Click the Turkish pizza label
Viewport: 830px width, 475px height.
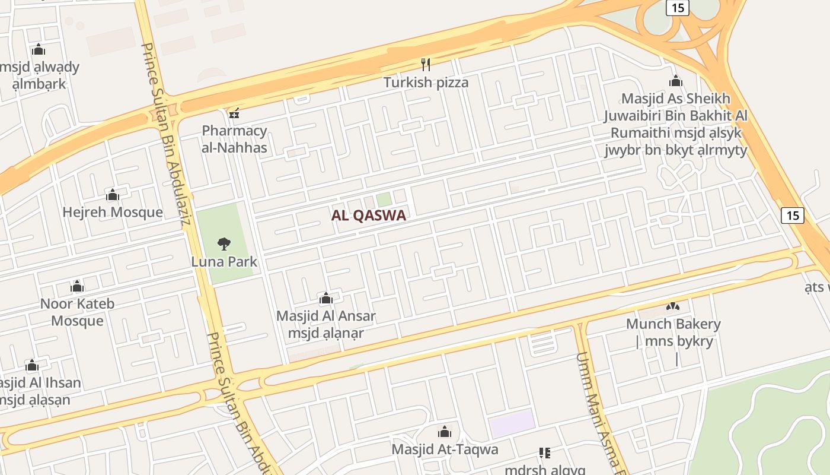426,83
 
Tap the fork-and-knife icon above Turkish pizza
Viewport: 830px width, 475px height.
425,64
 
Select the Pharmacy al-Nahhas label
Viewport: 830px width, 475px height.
235,139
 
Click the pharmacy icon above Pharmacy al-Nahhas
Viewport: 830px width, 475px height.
234,113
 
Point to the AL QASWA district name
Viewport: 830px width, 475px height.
369,216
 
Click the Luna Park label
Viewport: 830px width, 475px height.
224,261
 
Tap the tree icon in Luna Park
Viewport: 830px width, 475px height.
224,243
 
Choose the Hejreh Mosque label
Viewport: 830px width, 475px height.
113,212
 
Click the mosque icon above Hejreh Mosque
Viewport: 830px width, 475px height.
113,195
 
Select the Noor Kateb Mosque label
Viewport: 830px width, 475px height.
77,312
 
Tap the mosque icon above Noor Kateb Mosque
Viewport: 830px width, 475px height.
77,287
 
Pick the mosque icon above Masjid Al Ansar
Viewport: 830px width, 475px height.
325,298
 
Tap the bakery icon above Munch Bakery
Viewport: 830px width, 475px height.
673,306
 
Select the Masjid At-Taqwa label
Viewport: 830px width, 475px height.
445,449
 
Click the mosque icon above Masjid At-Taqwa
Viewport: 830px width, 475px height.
445,432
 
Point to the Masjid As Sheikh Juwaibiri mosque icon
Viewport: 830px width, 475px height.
675,81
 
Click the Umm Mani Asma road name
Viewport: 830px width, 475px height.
600,410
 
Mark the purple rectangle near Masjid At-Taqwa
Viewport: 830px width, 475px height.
512,423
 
